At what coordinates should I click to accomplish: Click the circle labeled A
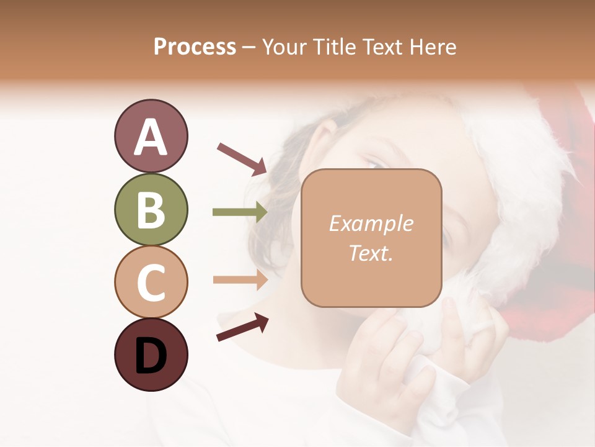coord(151,136)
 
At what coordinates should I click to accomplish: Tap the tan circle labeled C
coord(151,282)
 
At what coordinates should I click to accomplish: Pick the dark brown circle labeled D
coord(151,354)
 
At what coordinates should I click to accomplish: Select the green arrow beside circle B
coord(240,212)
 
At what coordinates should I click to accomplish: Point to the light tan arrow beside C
coord(240,279)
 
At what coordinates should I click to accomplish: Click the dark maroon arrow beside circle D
coord(242,327)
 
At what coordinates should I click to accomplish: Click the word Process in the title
coord(195,47)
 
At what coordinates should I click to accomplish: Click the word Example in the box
coord(371,223)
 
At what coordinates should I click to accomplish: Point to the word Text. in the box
coord(371,253)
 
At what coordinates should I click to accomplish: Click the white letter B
coord(151,210)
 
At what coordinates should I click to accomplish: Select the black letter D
coord(151,356)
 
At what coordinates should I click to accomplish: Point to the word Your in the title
coord(282,47)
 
